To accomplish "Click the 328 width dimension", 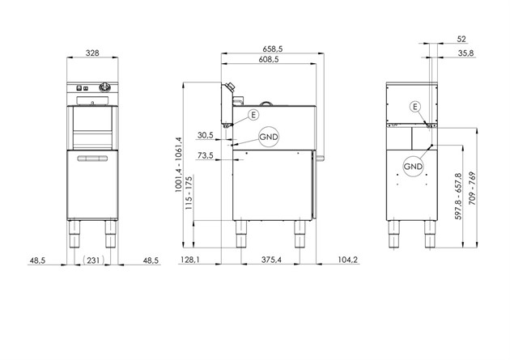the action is pos(92,53).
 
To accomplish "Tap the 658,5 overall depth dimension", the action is pos(273,49).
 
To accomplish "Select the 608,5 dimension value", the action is pos(269,59).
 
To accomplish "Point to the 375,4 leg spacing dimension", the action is pos(271,260).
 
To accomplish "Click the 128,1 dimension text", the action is pos(190,260).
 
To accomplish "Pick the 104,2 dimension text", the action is pos(348,260).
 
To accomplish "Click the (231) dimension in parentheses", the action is pos(94,260).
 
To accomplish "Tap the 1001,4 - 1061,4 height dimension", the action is pos(179,164).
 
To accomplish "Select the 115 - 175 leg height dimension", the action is pos(189,193).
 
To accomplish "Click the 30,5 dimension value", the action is pos(206,135).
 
